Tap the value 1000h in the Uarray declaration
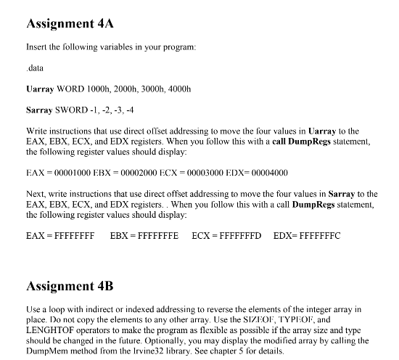click(x=99, y=90)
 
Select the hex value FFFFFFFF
click(x=71, y=235)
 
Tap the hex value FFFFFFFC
click(x=317, y=235)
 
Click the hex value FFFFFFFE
click(x=155, y=235)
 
